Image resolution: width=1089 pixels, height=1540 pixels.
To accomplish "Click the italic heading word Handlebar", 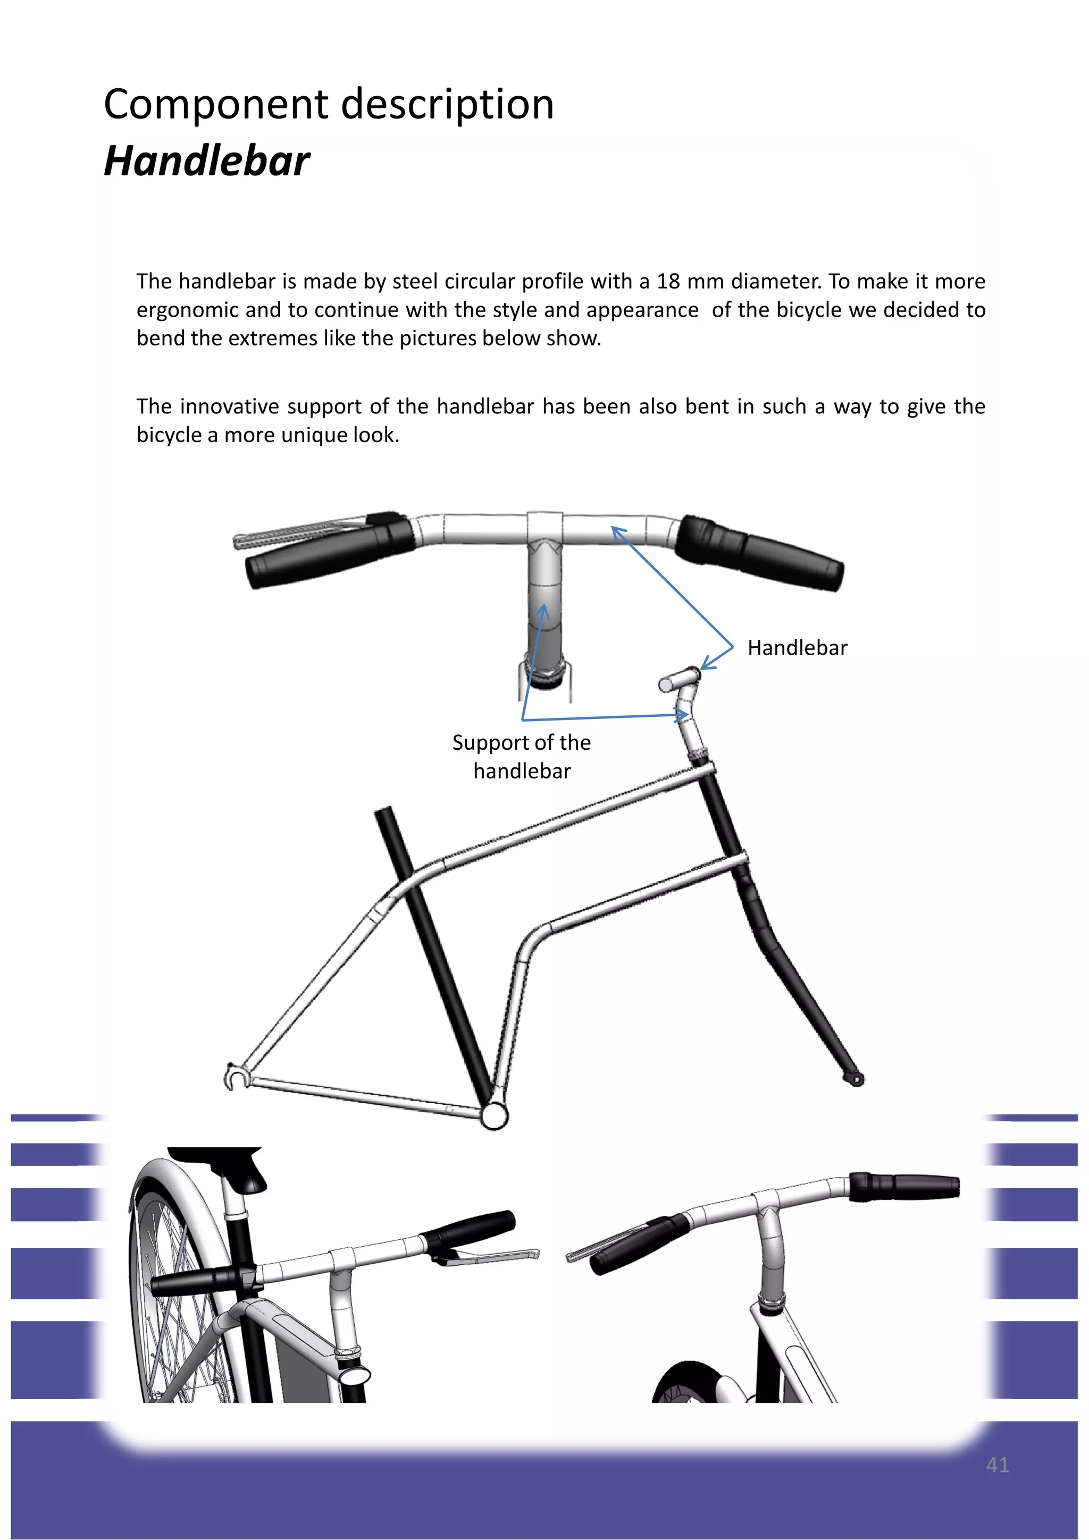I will (207, 162).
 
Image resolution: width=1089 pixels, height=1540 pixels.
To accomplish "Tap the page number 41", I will (997, 1465).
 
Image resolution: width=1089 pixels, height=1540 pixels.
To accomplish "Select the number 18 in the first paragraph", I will (668, 281).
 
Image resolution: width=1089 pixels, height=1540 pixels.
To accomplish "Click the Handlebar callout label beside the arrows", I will (797, 648).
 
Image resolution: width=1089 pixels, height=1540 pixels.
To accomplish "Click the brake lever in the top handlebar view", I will (295, 532).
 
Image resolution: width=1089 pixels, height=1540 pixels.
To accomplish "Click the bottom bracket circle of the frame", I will (495, 1116).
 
